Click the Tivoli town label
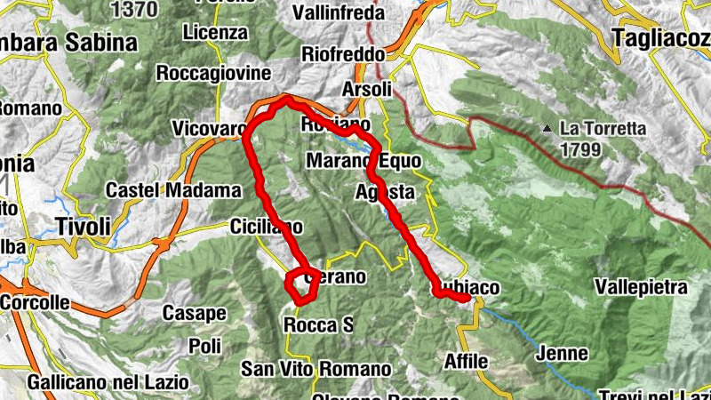(83, 226)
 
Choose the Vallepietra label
(642, 288)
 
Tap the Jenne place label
(563, 354)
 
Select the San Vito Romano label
(317, 369)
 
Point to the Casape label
(195, 313)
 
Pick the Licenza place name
(214, 32)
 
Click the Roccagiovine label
(206, 73)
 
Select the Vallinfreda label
(343, 14)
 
